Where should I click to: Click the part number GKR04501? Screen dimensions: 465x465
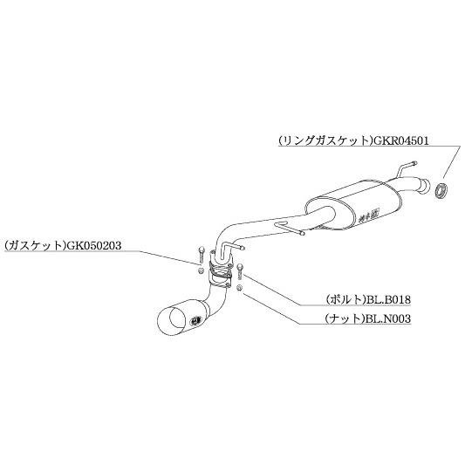click(401, 140)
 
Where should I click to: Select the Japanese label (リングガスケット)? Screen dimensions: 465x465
click(326, 140)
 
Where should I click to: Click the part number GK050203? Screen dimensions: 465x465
click(94, 245)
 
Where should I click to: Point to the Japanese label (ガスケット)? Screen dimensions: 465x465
click(36, 245)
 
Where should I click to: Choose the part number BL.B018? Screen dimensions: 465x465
click(388, 300)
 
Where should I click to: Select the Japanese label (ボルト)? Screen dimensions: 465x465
click(345, 300)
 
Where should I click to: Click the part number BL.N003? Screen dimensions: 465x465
click(388, 318)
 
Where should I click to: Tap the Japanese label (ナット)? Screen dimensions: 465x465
click(345, 318)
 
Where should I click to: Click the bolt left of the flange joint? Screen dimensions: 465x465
click(201, 255)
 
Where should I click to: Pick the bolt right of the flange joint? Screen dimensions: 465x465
click(240, 271)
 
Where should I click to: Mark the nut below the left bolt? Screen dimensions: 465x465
click(201, 270)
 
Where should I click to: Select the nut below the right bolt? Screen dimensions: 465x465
click(240, 287)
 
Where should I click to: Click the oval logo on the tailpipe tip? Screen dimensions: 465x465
click(196, 320)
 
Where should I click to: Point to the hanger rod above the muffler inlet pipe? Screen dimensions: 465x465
click(407, 168)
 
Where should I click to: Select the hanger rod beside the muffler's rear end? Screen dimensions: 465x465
click(289, 228)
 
